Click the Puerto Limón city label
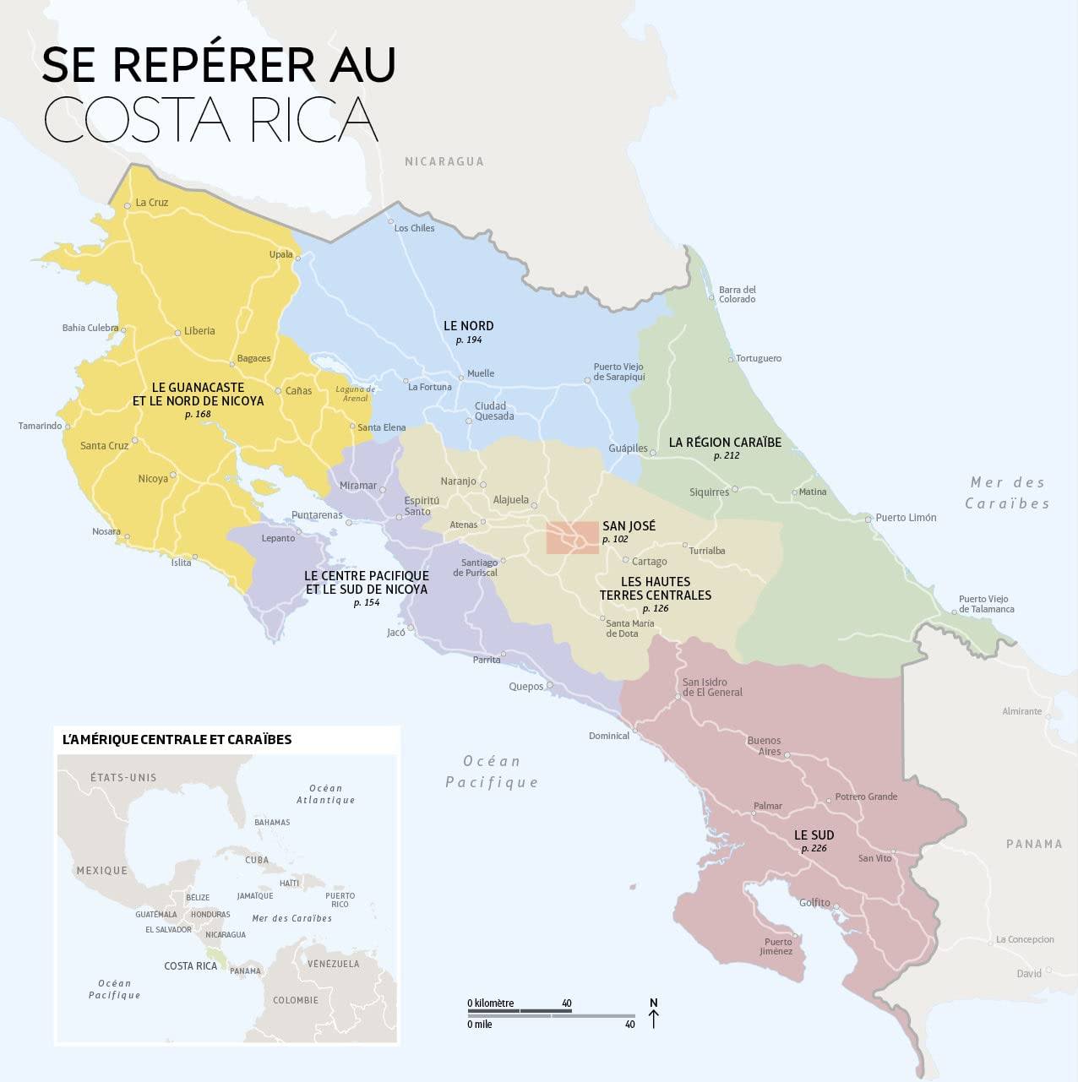coord(906,518)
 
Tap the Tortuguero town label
coord(758,358)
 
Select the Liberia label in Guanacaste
coord(199,331)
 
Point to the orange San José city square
coord(572,538)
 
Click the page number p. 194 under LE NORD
coord(468,340)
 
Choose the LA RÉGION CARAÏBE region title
coord(725,442)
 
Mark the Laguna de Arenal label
coord(355,394)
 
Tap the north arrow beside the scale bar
coord(653,1014)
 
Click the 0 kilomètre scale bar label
coord(491,1003)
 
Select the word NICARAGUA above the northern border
coord(444,161)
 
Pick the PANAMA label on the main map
coord(1033,844)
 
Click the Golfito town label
coord(814,902)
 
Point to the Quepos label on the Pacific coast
coord(525,687)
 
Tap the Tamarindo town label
coord(40,426)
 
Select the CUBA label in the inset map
coord(257,860)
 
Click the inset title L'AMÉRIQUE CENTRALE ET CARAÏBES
coord(177,739)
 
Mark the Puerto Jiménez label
coord(777,946)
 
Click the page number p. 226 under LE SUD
coord(814,848)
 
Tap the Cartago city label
coord(649,562)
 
